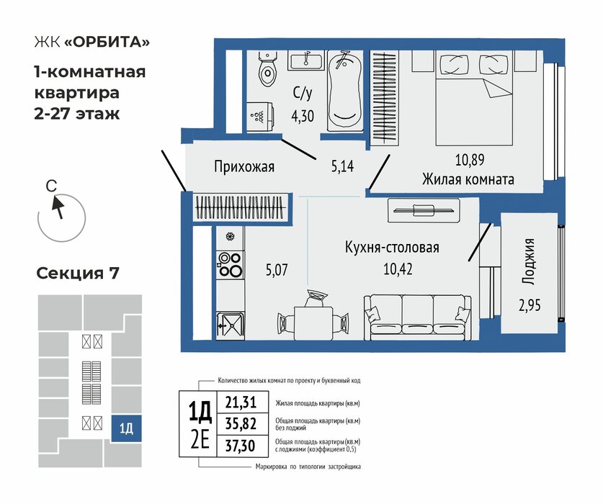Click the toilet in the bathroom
(267, 68)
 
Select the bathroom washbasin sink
(305, 60)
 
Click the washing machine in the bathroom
(260, 117)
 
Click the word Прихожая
(244, 167)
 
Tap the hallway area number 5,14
(342, 166)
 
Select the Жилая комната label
(468, 179)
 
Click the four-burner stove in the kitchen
(230, 264)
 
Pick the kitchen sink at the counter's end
(230, 326)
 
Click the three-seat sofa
(417, 318)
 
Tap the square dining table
(313, 323)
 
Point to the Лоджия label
(528, 261)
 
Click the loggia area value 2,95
(530, 305)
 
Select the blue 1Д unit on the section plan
(126, 428)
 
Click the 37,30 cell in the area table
(240, 446)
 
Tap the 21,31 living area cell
(241, 402)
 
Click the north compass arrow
(58, 207)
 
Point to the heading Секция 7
(78, 274)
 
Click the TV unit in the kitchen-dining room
(424, 210)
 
